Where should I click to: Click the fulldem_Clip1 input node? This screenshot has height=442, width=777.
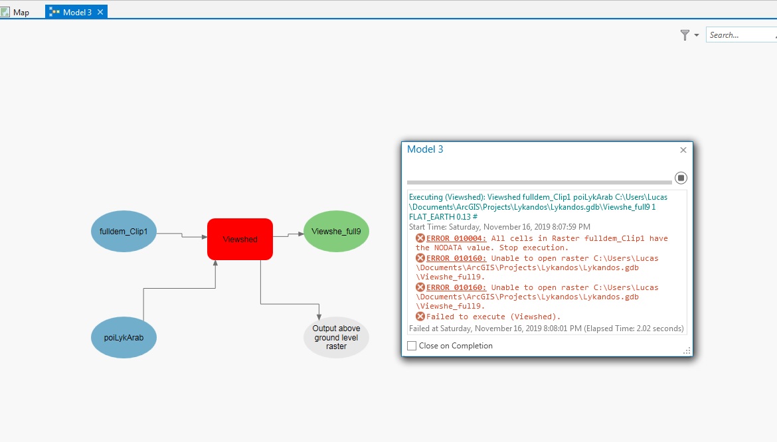[124, 231]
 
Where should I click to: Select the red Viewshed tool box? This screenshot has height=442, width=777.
[240, 239]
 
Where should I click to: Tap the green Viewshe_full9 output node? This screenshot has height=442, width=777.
[336, 231]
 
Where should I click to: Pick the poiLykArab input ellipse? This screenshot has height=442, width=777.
[124, 338]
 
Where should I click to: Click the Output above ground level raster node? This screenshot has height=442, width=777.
[336, 338]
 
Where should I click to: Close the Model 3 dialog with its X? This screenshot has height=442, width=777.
[683, 150]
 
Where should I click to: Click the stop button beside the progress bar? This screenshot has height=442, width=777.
[681, 178]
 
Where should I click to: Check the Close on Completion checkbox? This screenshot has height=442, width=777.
[412, 346]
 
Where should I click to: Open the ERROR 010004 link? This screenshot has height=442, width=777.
[456, 238]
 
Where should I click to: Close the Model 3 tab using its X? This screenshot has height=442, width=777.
[100, 12]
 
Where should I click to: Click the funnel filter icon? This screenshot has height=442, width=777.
[685, 35]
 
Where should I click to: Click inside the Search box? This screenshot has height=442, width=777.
[741, 35]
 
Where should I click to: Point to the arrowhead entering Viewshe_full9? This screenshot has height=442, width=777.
[301, 234]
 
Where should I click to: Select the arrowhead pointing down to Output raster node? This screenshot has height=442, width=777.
[319, 317]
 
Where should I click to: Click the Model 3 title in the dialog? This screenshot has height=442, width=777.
[425, 149]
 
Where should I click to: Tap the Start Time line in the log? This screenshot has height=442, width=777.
[499, 227]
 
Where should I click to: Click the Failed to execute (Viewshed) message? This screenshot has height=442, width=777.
[493, 317]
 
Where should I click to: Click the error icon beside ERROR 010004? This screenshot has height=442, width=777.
[420, 238]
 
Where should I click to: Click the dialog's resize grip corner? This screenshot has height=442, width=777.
[687, 351]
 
